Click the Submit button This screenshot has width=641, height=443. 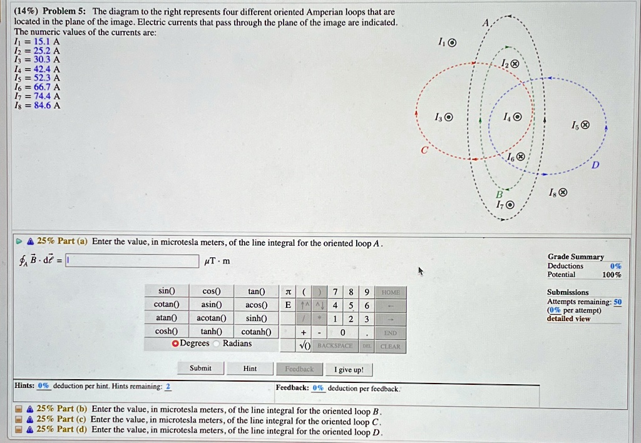200,369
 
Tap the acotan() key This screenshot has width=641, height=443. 211,318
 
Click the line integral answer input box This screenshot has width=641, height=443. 132,260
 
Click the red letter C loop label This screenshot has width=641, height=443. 424,150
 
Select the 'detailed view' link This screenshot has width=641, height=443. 568,319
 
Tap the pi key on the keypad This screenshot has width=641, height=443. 288,292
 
